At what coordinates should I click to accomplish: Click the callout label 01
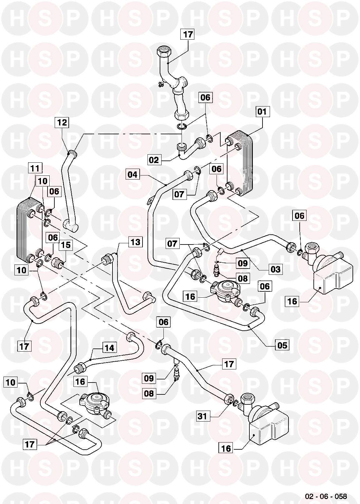click(x=262, y=111)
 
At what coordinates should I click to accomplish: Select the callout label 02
click(x=154, y=160)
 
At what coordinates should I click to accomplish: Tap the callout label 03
click(x=276, y=269)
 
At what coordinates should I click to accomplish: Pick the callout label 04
click(x=132, y=174)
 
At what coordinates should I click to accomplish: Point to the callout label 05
click(x=282, y=345)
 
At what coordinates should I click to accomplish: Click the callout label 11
click(x=35, y=168)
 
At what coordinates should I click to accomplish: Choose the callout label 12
click(x=62, y=122)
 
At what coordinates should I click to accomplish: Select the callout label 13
click(x=135, y=242)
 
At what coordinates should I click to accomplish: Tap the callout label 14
click(x=109, y=348)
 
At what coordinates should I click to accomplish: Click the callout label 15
click(x=66, y=245)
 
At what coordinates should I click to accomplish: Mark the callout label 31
click(x=202, y=416)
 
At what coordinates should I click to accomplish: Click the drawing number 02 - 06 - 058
click(x=326, y=496)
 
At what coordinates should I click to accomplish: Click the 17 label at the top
click(x=188, y=34)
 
